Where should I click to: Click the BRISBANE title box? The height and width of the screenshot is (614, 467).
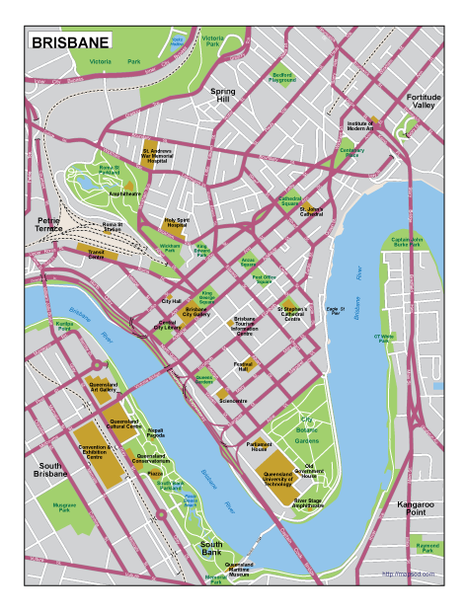[69, 42]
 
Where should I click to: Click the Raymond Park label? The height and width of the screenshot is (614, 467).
[427, 547]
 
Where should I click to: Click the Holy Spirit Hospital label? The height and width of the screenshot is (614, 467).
[177, 223]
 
